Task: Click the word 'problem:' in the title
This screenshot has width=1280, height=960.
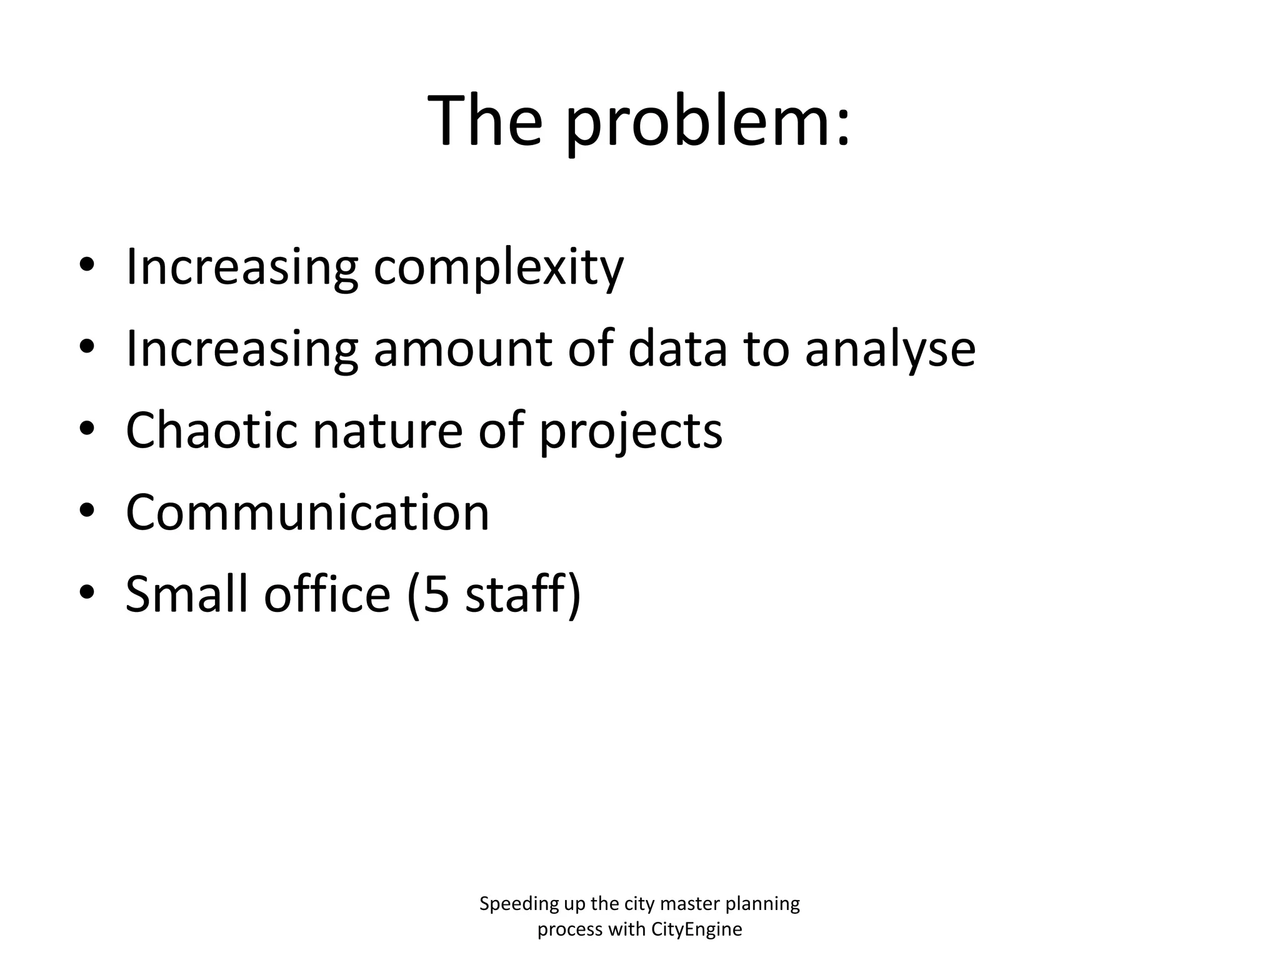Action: [707, 122]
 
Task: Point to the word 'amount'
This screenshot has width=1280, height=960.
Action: [463, 349]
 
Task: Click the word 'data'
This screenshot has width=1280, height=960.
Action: [677, 349]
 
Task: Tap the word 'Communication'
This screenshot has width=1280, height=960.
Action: [307, 512]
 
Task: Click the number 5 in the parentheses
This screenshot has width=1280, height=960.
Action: [436, 594]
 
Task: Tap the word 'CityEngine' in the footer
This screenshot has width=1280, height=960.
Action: [696, 929]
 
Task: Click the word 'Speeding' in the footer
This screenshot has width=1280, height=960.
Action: [511, 904]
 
